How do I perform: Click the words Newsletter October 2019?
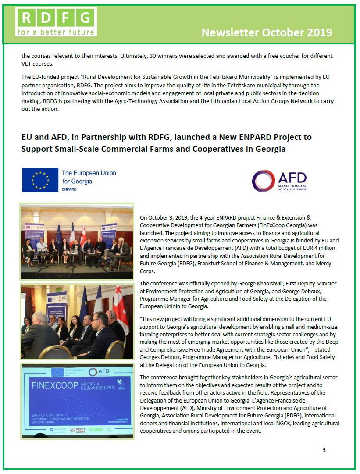click(267, 32)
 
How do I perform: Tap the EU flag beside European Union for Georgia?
click(40, 180)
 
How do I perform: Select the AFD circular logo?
click(263, 181)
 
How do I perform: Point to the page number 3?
click(324, 450)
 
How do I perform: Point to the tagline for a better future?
click(55, 32)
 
